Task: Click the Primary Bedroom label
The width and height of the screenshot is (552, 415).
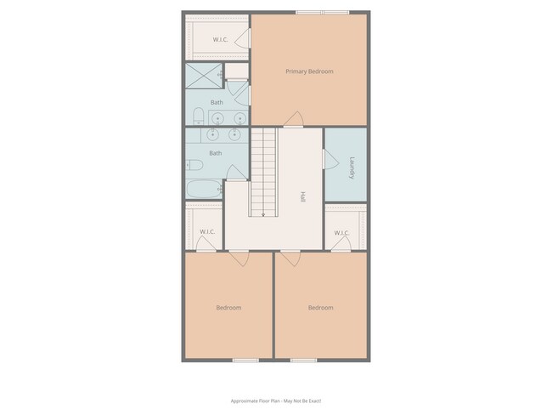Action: pyautogui.click(x=309, y=71)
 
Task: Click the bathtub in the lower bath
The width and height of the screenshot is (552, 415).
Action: pyautogui.click(x=204, y=189)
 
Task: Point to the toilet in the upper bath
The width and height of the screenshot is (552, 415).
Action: pyautogui.click(x=197, y=116)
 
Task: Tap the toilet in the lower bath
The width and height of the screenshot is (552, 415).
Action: pyautogui.click(x=194, y=165)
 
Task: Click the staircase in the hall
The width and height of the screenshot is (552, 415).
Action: pyautogui.click(x=263, y=173)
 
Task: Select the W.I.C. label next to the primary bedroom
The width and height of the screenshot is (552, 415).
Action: pyautogui.click(x=218, y=39)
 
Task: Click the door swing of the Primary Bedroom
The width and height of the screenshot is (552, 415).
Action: pyautogui.click(x=294, y=119)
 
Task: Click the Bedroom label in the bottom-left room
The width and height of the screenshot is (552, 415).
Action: pyautogui.click(x=228, y=308)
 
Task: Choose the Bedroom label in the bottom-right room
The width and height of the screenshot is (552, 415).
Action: pyautogui.click(x=320, y=308)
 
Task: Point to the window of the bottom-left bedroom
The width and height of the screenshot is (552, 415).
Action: pyautogui.click(x=246, y=361)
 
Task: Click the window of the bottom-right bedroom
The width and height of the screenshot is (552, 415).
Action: pyautogui.click(x=303, y=361)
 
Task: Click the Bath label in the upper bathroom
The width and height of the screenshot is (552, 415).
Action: pyautogui.click(x=217, y=102)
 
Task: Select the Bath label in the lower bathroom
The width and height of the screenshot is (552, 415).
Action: pyautogui.click(x=216, y=153)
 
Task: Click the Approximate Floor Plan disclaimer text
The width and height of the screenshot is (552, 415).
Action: pyautogui.click(x=276, y=401)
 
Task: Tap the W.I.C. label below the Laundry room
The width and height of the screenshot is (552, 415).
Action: pyautogui.click(x=341, y=233)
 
